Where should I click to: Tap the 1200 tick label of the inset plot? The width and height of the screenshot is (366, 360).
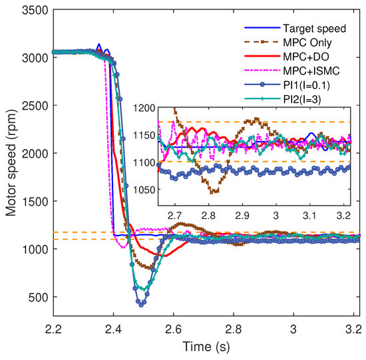145,107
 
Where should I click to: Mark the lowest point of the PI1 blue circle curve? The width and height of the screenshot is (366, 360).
141,305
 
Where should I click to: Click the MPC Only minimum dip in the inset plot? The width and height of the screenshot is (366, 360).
214,192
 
